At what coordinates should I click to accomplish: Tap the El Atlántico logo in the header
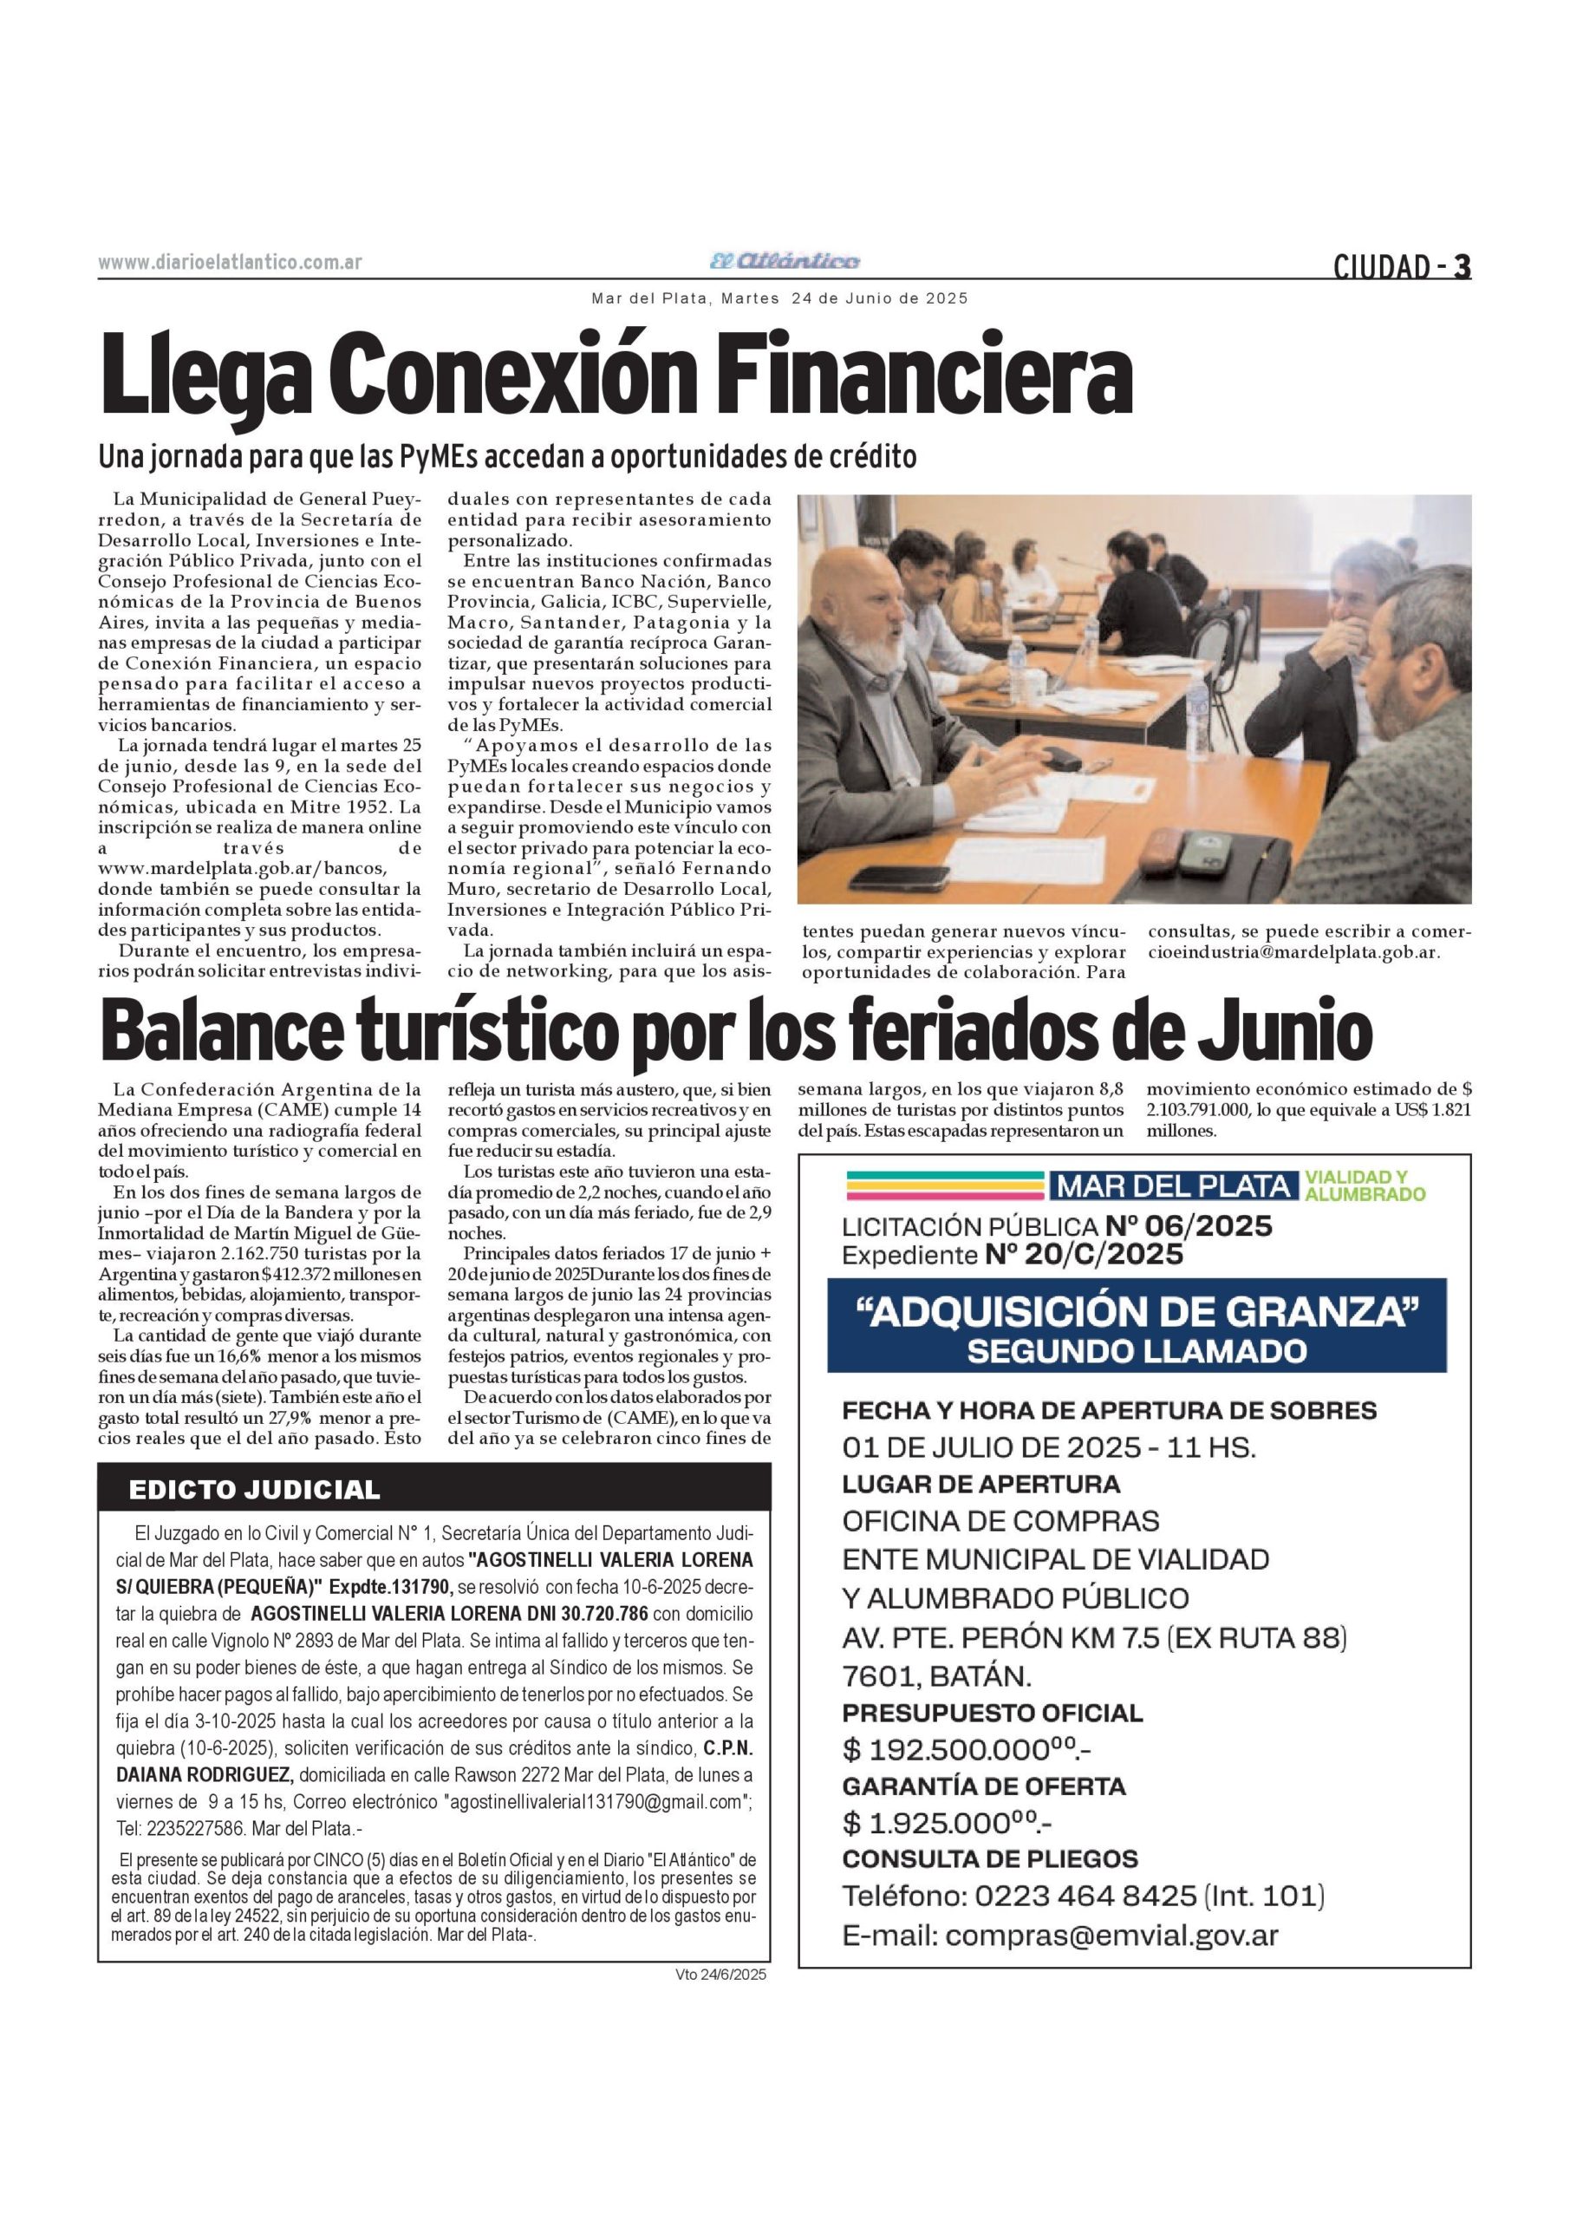(x=784, y=261)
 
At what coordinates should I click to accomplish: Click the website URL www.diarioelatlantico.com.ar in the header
(x=230, y=263)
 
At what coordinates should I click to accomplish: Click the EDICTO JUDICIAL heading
(x=254, y=1490)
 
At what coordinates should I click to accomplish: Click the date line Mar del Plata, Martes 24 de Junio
(x=779, y=299)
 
